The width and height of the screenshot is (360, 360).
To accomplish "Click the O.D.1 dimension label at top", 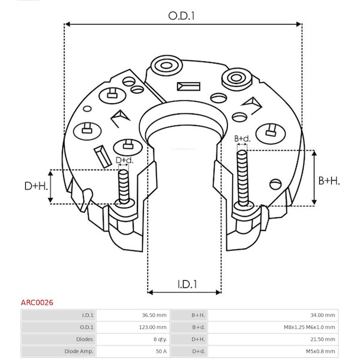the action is [x=181, y=16].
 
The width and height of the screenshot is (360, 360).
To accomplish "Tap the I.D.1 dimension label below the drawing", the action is [x=187, y=284].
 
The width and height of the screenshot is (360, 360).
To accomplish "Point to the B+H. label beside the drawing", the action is [x=329, y=181].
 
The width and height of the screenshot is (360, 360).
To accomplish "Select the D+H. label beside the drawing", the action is [x=36, y=186].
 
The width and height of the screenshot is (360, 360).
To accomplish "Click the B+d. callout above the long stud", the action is [x=242, y=139].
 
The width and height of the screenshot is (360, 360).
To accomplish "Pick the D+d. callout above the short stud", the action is [x=124, y=160].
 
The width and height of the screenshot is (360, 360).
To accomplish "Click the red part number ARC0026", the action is [x=37, y=302].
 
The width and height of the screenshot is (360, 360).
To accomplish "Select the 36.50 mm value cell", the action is [x=154, y=315].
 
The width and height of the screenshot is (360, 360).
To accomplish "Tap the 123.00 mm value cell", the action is [x=152, y=327].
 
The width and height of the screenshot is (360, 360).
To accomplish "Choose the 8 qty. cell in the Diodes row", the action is [x=160, y=339].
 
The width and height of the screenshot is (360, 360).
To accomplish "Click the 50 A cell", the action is [x=161, y=351].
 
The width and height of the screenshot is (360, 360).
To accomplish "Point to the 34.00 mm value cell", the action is [x=323, y=315].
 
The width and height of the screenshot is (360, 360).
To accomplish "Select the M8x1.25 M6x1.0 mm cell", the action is [x=310, y=327].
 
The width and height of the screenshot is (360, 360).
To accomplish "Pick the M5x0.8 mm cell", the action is [x=320, y=351].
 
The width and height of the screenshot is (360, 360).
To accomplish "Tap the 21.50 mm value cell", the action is [x=323, y=339].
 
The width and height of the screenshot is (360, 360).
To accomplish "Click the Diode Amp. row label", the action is [x=79, y=351].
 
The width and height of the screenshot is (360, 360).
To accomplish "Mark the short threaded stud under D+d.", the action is [x=124, y=187].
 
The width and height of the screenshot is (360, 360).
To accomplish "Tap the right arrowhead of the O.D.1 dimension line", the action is [x=298, y=24].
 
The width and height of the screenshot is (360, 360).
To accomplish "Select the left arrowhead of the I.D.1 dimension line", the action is [x=151, y=292].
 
